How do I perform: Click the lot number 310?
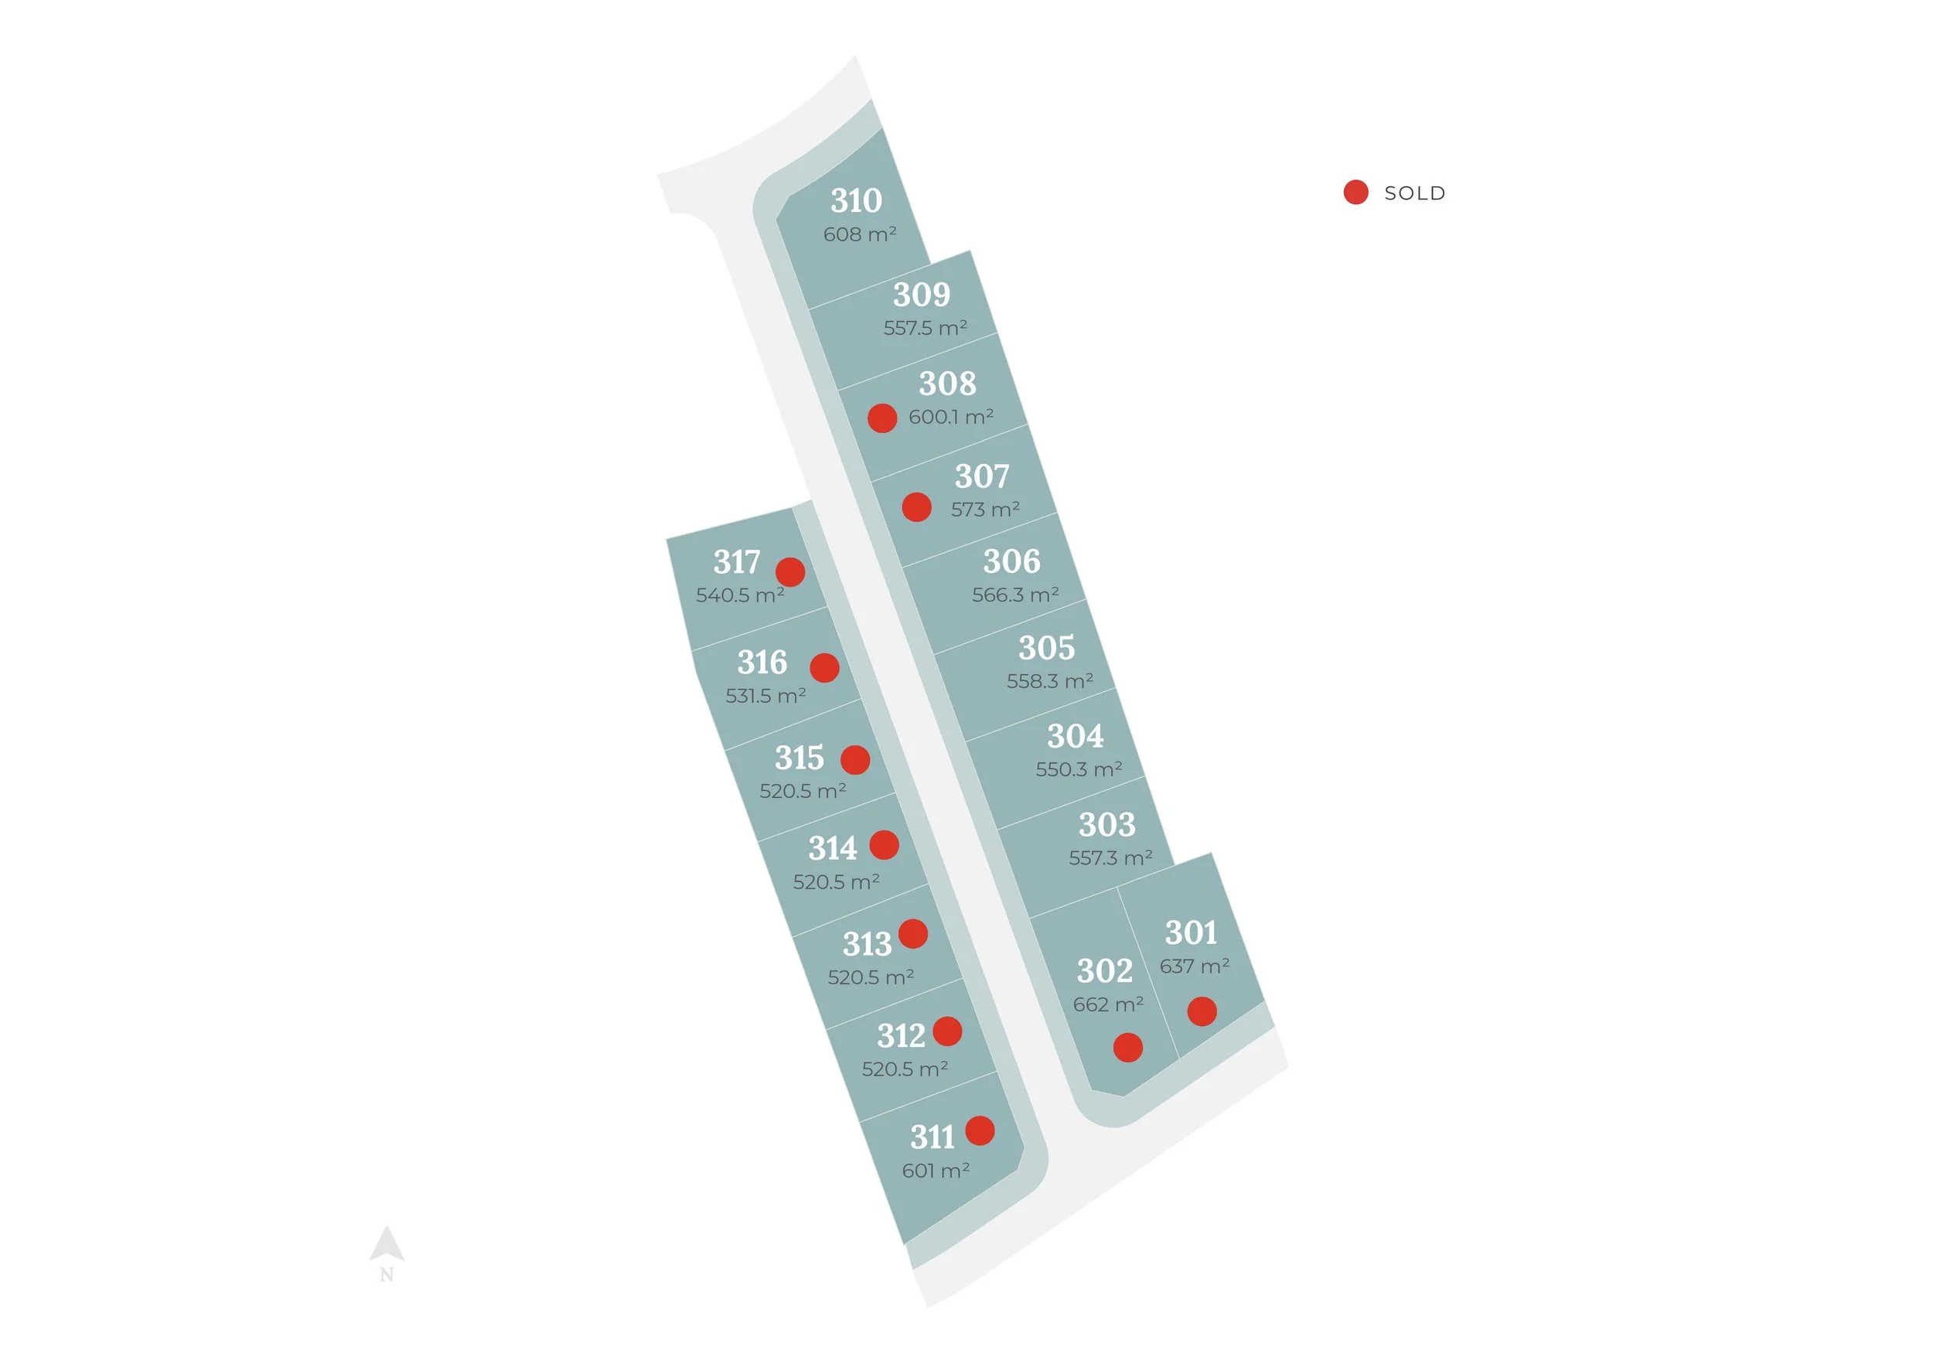point(856,201)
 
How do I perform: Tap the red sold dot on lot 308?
point(882,418)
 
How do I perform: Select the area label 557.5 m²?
point(925,327)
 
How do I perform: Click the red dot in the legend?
point(1355,193)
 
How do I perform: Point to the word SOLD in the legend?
point(1414,193)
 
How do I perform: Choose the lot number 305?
point(1046,648)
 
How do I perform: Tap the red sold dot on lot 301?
point(1202,1011)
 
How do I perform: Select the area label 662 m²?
point(1108,1004)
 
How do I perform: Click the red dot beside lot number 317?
point(789,572)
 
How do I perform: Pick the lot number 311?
point(932,1137)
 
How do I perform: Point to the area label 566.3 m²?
point(1015,595)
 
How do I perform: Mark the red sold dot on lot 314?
point(884,845)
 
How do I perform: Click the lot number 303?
point(1107,825)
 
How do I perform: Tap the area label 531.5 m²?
point(765,696)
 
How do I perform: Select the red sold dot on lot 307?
point(917,507)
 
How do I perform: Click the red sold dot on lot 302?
point(1128,1048)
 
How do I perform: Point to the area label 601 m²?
point(936,1171)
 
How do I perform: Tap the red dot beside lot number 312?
point(947,1031)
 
